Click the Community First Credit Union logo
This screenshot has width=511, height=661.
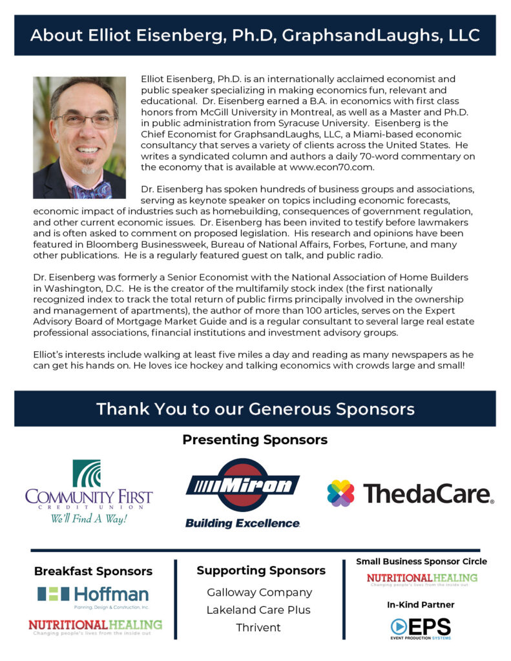(89, 491)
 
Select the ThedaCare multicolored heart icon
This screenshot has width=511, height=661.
(340, 493)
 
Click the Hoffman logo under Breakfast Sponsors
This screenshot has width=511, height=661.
(93, 596)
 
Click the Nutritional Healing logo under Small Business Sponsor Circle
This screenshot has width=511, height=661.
(422, 578)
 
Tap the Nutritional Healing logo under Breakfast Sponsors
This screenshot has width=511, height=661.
(95, 626)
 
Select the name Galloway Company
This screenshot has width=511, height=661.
(259, 592)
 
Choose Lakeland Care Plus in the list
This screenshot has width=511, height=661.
(258, 609)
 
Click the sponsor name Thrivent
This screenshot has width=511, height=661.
(259, 627)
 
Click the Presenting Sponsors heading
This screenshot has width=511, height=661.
(255, 440)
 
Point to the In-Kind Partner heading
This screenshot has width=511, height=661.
(421, 605)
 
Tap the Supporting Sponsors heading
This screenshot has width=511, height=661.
(260, 571)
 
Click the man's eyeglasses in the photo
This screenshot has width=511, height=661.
(85, 120)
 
